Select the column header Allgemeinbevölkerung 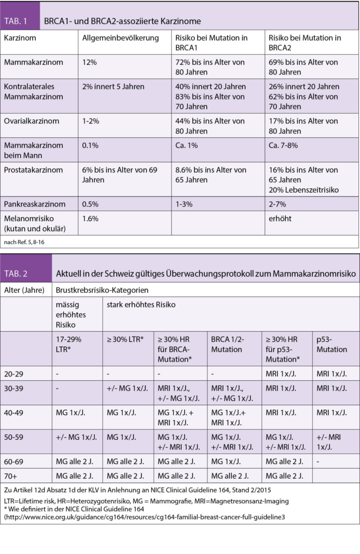point(120,38)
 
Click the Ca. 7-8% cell point(283,146)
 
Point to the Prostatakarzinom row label point(32,169)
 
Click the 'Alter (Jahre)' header point(24,289)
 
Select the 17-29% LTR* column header point(72,345)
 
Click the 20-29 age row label point(15,373)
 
